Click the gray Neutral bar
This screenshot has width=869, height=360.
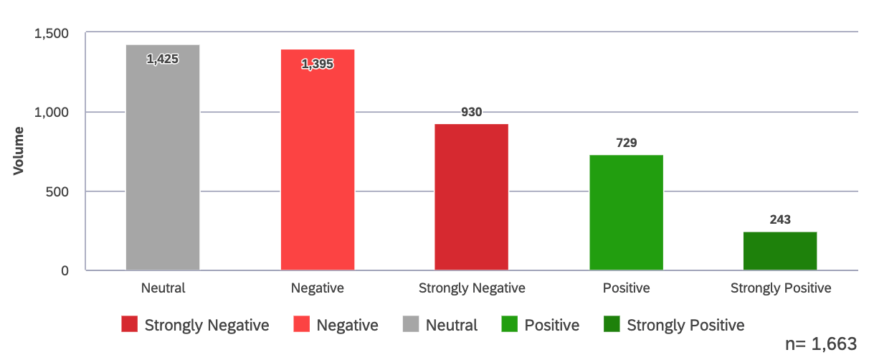(163, 158)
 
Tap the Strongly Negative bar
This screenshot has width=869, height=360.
(472, 197)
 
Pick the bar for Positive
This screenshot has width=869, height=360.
(627, 213)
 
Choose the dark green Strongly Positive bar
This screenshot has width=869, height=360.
(780, 251)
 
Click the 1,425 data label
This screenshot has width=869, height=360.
(163, 59)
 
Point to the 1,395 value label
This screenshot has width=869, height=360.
(318, 64)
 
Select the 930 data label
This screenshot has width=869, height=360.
(472, 112)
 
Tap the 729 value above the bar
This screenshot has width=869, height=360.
(627, 143)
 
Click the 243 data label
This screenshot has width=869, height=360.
(780, 219)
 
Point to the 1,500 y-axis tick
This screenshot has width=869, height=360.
(51, 33)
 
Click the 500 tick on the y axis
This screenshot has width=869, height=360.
(57, 191)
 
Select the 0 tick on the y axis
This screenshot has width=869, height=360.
(64, 271)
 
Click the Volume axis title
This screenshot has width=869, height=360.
(18, 151)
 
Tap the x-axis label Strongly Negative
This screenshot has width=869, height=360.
(472, 288)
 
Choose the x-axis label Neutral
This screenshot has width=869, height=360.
(163, 288)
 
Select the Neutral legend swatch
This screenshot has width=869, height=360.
(411, 325)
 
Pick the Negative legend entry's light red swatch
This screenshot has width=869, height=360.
(302, 325)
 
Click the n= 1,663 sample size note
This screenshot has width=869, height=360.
(821, 344)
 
